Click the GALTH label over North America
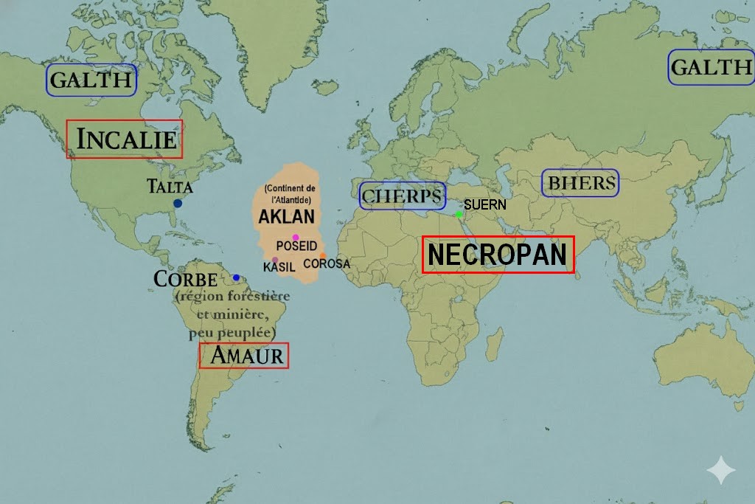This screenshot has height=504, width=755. coord(91,80)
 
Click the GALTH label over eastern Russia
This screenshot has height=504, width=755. coord(711,68)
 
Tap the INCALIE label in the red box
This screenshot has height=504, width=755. coord(125,139)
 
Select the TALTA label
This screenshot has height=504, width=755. coord(170,186)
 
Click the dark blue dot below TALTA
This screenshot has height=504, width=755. coord(178,203)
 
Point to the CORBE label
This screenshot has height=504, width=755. coord(186,280)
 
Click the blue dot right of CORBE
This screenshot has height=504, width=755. coord(236,277)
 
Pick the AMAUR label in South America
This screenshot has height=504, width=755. coord(245,356)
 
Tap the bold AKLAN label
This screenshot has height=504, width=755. coord(286,217)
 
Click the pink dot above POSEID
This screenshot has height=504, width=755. coord(296,237)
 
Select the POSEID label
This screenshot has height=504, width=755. coord(296,246)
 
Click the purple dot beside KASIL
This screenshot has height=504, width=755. coord(275,260)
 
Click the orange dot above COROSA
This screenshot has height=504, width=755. coord(322,255)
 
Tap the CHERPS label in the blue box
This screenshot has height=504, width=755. coord(403,196)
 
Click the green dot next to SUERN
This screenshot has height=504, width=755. coord(459,214)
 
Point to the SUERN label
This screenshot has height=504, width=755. coord(485,204)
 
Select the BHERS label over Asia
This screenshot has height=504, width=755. coord(580,183)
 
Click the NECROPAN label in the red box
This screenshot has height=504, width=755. coord(498,255)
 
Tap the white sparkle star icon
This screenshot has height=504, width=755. coord(720,470)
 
